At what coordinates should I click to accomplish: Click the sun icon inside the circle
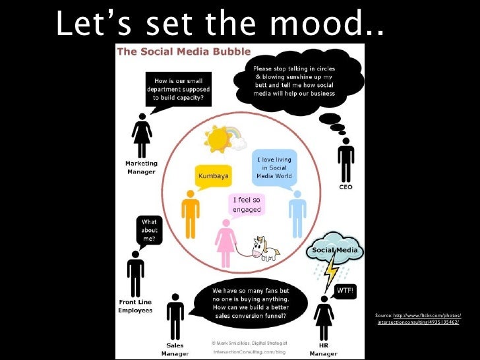pos(218,138)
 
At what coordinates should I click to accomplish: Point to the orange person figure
pos(191,213)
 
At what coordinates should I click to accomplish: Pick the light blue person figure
pos(297,213)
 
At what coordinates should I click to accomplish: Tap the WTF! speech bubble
pos(345,291)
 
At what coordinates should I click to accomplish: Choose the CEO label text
pos(345,187)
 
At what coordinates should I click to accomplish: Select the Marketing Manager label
pos(141,167)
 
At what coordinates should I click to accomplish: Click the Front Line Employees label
pos(135,306)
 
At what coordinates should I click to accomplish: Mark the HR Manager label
pos(324,349)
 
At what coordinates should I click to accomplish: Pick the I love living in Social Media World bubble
pos(274,168)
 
